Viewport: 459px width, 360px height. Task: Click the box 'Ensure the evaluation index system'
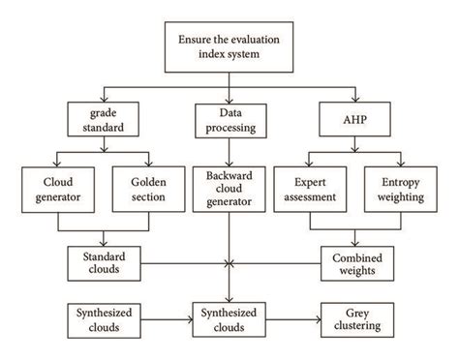pos(229,46)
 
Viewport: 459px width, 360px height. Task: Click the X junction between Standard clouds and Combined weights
pos(229,261)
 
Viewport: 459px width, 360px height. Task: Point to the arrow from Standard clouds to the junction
pos(184,261)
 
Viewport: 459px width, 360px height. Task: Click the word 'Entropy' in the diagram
pos(398,179)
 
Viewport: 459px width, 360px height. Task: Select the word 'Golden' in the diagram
pos(148,179)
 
